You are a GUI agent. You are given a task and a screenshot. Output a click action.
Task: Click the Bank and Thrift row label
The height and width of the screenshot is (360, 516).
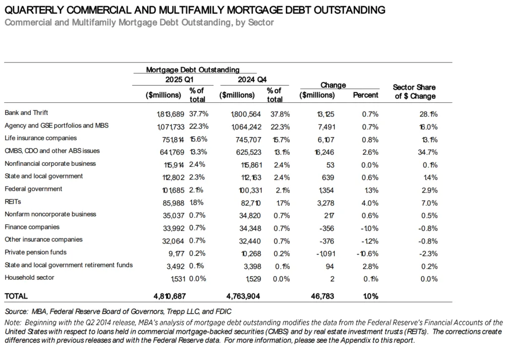(x=26, y=113)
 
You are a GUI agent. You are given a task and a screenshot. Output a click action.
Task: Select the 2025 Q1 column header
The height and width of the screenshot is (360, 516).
(x=179, y=80)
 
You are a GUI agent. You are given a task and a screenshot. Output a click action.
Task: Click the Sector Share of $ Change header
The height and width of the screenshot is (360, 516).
(x=414, y=91)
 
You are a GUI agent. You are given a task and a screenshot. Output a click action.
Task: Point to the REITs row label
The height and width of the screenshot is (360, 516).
(x=13, y=202)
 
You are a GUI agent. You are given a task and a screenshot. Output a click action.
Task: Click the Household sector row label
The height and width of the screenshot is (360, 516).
(x=29, y=277)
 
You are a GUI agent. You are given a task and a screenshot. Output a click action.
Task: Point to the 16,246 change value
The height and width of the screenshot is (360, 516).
(x=323, y=151)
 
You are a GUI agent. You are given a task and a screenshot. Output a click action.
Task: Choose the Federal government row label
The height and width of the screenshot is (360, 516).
(x=33, y=189)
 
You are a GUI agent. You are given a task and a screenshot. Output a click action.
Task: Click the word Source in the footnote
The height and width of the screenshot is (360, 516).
(x=15, y=312)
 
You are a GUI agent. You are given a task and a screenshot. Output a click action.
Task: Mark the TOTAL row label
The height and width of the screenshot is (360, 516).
(x=16, y=296)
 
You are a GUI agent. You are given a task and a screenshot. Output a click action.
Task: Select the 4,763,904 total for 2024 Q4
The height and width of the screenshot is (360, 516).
(x=243, y=296)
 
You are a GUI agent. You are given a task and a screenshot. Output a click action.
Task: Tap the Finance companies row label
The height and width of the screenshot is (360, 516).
(x=32, y=227)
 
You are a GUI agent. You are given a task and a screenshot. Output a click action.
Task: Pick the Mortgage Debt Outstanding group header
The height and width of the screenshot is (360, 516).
(x=193, y=70)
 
